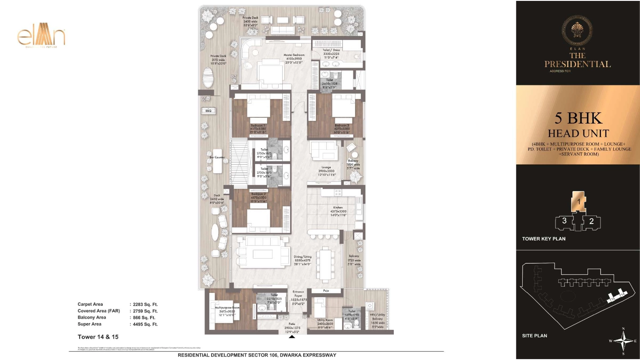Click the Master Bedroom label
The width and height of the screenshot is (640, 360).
(294, 55)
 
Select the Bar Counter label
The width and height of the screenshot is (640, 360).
(217, 157)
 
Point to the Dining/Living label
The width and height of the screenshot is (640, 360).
(303, 257)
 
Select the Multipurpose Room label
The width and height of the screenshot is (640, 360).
(228, 308)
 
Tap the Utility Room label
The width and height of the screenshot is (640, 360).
(325, 320)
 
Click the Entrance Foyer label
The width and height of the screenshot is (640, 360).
(298, 293)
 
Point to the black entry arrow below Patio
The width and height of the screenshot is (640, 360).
(292, 337)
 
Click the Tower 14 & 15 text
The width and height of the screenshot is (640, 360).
(98, 337)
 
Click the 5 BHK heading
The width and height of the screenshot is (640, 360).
(578, 118)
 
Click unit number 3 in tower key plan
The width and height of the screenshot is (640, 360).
(564, 221)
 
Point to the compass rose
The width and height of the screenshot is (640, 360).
(624, 341)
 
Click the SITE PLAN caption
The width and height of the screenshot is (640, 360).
(534, 336)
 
